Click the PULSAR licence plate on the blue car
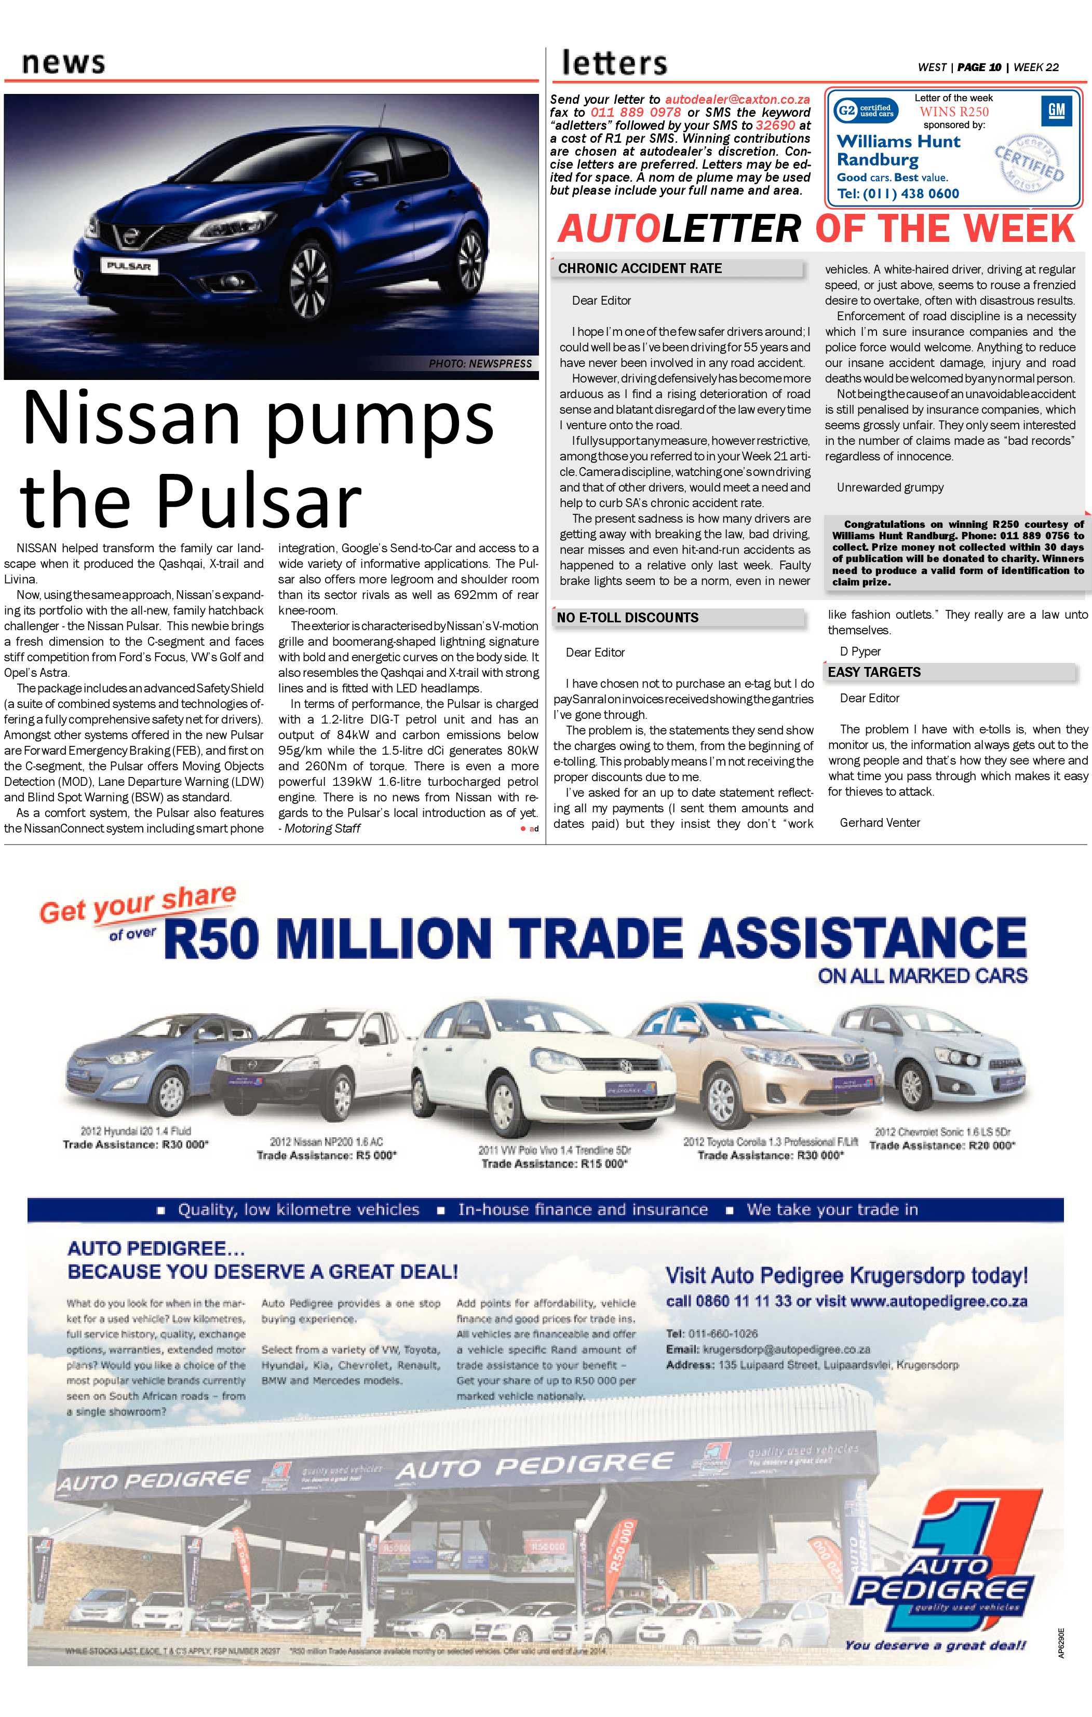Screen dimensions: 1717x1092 pos(129,266)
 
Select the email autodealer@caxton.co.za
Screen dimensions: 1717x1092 pos(737,100)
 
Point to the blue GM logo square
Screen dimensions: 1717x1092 pos(1056,111)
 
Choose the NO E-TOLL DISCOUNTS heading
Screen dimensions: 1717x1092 pos(628,618)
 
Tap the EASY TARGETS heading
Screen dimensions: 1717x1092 pos(874,672)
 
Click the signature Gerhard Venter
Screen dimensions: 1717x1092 pos(880,822)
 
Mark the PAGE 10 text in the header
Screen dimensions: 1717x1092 pos(979,67)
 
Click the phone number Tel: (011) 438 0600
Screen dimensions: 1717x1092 pos(898,193)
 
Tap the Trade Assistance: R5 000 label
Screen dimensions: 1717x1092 pos(326,1155)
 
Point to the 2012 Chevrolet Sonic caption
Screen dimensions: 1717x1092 pos(942,1132)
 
